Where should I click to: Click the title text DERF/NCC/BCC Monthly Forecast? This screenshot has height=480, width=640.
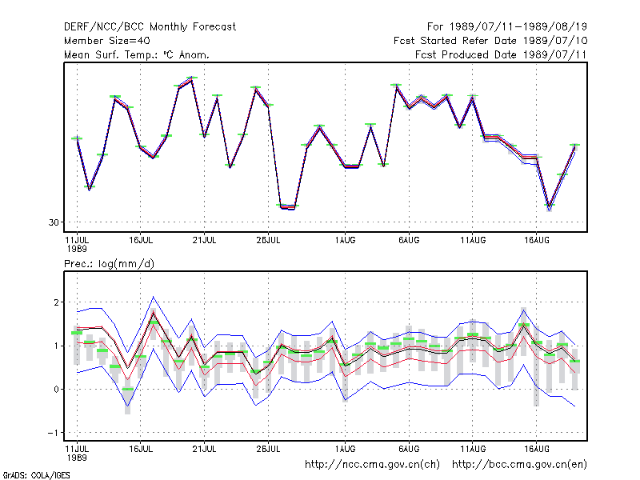tap(150, 27)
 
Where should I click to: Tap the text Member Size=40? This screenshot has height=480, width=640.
tap(107, 41)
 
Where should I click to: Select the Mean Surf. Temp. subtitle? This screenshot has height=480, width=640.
tap(137, 54)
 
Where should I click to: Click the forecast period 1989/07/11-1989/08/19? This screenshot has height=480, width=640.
tap(507, 27)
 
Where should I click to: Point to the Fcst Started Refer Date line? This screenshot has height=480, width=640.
tap(490, 41)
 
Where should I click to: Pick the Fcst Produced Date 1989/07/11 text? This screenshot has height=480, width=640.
tap(501, 54)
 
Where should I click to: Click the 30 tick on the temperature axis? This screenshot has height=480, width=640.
tap(54, 222)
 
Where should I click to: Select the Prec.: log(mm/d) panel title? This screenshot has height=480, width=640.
tap(109, 264)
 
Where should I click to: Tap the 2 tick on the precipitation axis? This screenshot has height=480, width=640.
tap(56, 302)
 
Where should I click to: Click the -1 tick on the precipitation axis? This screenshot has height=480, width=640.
tap(53, 433)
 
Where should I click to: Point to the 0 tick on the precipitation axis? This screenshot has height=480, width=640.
tap(56, 390)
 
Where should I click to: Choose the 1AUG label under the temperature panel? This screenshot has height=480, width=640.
tap(345, 241)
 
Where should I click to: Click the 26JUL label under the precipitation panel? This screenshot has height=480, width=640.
tap(268, 449)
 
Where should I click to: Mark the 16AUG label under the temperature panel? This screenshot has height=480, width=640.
tap(536, 241)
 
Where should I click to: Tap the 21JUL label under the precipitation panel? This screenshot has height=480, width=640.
tap(204, 449)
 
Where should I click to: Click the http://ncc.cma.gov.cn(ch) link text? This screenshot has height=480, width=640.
tap(372, 465)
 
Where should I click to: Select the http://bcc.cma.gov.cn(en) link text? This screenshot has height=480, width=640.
tap(519, 465)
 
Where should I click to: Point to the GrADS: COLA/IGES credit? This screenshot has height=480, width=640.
tap(36, 475)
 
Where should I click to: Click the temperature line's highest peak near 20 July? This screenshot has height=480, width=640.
tap(191, 79)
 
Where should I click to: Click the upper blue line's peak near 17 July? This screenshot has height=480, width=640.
tap(153, 297)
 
